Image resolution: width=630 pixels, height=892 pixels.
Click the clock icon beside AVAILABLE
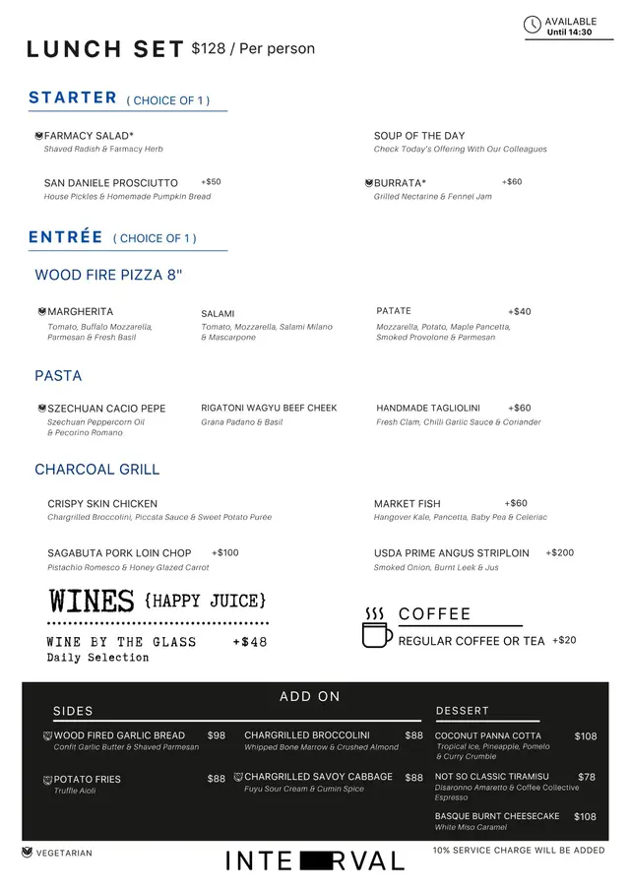click(533, 26)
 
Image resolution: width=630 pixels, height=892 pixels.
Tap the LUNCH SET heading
click(105, 50)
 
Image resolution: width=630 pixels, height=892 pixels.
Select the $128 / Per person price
click(253, 49)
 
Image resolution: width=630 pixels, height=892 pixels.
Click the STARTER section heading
click(73, 97)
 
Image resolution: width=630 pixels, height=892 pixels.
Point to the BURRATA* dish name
click(400, 183)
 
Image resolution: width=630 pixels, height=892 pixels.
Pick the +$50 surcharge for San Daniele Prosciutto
click(211, 182)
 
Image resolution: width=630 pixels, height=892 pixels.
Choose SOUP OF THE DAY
click(419, 136)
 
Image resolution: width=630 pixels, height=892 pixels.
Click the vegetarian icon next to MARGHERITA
click(41, 311)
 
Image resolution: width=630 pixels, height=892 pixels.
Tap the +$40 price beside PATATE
click(519, 311)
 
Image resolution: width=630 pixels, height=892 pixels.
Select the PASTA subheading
click(58, 376)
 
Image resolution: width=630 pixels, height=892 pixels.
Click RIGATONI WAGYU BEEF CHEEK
click(269, 408)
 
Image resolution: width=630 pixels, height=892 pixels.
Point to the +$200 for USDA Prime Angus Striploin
click(559, 553)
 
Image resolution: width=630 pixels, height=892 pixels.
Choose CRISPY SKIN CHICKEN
click(102, 504)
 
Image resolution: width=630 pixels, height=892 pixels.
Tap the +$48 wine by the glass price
click(250, 643)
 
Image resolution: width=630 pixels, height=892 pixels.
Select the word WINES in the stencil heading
click(92, 601)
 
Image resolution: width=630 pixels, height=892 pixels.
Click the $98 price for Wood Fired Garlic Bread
click(217, 735)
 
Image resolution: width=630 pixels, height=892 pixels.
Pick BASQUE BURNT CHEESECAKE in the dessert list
click(497, 816)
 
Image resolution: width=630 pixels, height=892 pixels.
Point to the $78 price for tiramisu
click(587, 777)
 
